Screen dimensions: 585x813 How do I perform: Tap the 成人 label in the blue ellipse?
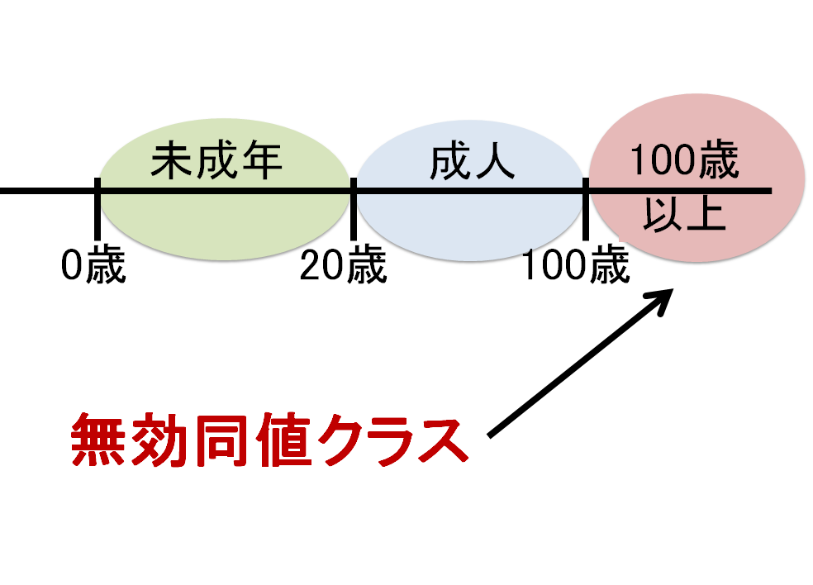472,163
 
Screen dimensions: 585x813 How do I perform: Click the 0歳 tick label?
93,266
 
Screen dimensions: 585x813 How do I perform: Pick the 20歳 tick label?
343,266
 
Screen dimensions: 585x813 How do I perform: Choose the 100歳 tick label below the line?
576,266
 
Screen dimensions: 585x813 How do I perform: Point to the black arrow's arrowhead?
666,297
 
